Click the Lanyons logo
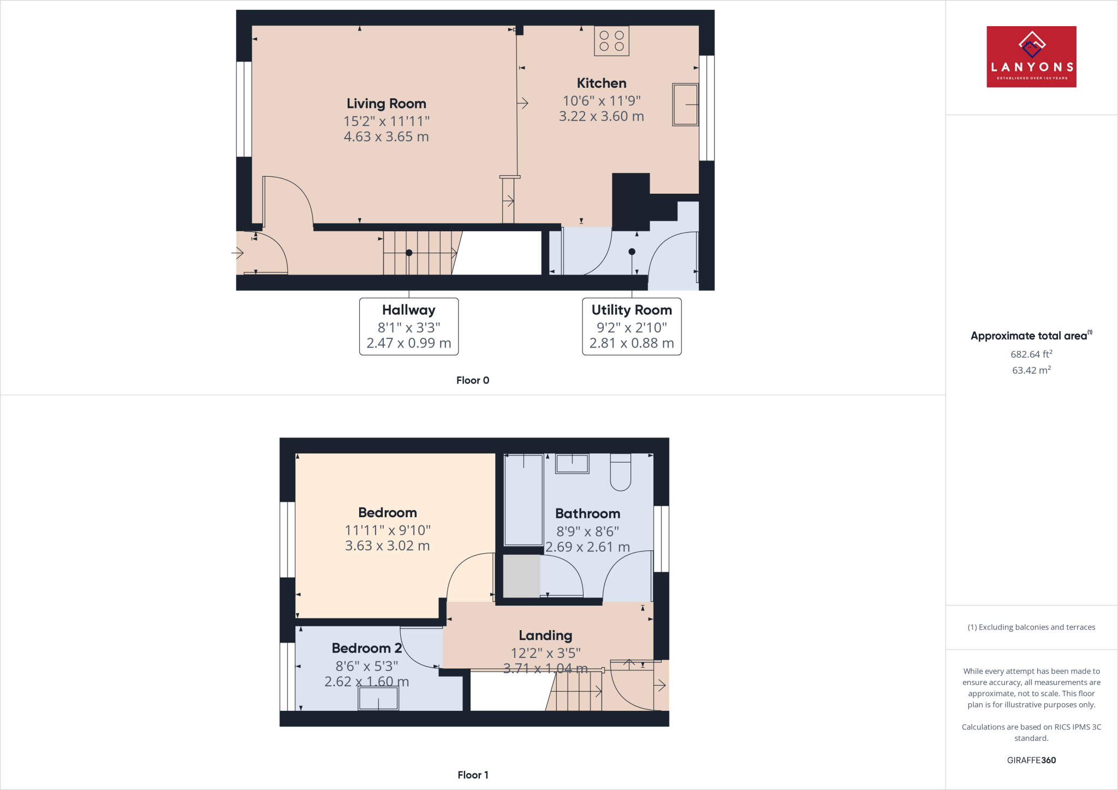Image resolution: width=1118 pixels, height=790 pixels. point(1031,57)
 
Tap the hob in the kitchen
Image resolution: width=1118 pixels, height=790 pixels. point(611,41)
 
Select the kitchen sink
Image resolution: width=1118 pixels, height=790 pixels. point(685,104)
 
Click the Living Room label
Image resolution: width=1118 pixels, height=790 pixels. point(386,104)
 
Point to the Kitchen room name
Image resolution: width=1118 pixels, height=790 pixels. point(602,83)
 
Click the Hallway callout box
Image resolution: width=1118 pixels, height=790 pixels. point(409,326)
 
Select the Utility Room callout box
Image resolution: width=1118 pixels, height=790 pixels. point(632,326)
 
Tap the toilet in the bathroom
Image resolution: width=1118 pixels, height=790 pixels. point(621,471)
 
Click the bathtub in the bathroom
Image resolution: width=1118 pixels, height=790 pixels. point(524,499)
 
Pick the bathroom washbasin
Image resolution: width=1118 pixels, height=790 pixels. point(572,464)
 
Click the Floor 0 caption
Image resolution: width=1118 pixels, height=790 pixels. point(473,380)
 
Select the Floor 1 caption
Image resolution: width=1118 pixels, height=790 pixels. point(473,775)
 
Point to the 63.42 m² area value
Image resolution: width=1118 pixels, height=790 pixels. point(1031,370)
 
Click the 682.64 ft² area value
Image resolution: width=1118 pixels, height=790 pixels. point(1031,354)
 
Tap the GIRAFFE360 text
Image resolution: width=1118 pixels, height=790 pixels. point(1031,760)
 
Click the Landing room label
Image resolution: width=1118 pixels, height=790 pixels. point(545,636)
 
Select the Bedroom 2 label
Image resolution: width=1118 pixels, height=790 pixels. point(367,648)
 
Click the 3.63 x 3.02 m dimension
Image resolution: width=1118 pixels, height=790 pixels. point(388,546)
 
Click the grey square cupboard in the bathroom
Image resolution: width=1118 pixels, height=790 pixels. point(521,576)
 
